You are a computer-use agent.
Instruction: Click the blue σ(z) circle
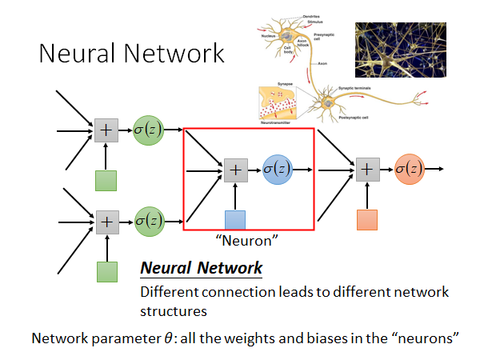[x=278, y=170]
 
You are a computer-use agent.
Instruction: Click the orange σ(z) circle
[x=410, y=170]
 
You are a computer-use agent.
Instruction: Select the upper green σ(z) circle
[x=149, y=130]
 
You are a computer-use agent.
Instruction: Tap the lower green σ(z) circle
[x=149, y=219]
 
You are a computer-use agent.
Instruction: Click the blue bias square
[x=234, y=220]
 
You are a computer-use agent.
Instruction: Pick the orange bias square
[x=366, y=220]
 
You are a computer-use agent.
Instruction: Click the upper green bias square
[x=106, y=181]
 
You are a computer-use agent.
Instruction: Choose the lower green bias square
[x=106, y=271]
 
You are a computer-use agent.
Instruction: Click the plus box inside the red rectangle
[x=235, y=170]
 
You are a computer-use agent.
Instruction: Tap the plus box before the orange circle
[x=366, y=170]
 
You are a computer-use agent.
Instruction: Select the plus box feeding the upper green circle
[x=106, y=130]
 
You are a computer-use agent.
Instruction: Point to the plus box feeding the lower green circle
[x=106, y=220]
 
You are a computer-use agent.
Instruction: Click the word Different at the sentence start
[x=166, y=292]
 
